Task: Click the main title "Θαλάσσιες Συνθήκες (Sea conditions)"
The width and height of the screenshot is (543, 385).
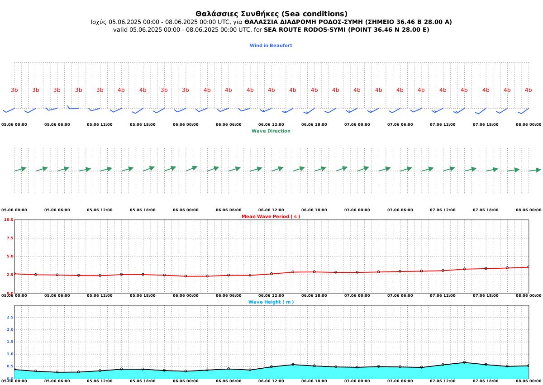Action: coord(271,14)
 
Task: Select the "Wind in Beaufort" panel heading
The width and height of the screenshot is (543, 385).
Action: coord(271,45)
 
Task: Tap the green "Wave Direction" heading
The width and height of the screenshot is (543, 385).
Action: coord(271,131)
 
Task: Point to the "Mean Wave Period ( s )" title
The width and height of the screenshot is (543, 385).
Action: coord(271,216)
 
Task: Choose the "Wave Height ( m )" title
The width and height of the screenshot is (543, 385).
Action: coord(271,302)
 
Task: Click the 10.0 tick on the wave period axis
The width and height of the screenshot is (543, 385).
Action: coord(9,219)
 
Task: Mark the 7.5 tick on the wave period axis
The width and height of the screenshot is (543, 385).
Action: coord(10,238)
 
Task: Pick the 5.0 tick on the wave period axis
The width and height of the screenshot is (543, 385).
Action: coord(10,256)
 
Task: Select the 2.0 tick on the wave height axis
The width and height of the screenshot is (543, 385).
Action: coord(10,329)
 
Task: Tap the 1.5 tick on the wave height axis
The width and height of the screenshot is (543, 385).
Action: coord(10,342)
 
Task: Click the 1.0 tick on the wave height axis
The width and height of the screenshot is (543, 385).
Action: coord(10,354)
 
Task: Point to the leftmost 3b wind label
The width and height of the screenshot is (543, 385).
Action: coord(14,90)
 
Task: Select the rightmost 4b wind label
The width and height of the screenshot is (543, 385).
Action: coord(528,90)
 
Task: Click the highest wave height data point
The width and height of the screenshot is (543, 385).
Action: coord(464,362)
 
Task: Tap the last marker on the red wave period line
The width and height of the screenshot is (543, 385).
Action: coord(529,267)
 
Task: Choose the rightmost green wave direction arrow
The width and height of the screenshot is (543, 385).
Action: coord(535,170)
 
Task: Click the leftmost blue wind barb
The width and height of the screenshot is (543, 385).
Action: coord(9,110)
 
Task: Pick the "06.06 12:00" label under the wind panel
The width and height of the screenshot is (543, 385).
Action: coord(271,124)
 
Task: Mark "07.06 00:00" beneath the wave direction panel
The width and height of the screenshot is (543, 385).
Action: coord(357,210)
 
